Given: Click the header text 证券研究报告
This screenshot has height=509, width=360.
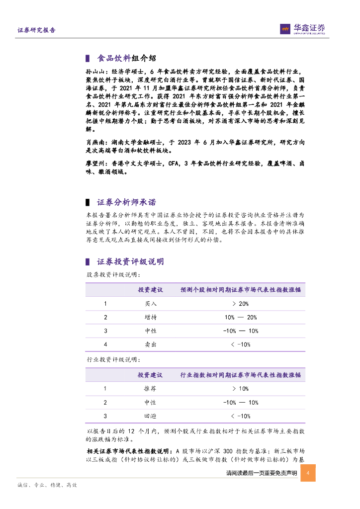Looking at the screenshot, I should (37, 30).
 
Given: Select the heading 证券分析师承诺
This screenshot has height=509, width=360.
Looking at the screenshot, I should (126, 202).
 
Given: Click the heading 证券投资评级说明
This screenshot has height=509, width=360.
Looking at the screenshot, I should (130, 261).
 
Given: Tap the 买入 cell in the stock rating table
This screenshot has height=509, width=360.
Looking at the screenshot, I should (150, 304).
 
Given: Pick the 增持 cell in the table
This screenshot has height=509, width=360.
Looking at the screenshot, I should (150, 317).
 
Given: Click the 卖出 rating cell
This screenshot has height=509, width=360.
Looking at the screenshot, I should (150, 344).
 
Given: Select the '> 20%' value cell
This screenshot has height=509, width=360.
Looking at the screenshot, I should (241, 304).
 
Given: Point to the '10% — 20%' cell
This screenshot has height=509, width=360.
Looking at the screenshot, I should (241, 317).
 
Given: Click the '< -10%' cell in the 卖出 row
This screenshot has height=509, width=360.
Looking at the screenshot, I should (241, 344).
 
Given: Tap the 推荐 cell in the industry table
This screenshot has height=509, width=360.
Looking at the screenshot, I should (150, 389).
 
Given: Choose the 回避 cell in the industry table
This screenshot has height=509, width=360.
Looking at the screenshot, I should (150, 416).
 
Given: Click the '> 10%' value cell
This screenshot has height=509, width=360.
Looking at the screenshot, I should (241, 389).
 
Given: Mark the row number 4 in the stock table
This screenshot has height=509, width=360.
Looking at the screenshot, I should (105, 344).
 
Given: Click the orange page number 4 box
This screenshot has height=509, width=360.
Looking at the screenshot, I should (308, 473).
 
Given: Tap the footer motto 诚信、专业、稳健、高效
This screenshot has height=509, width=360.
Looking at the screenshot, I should (47, 485).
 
